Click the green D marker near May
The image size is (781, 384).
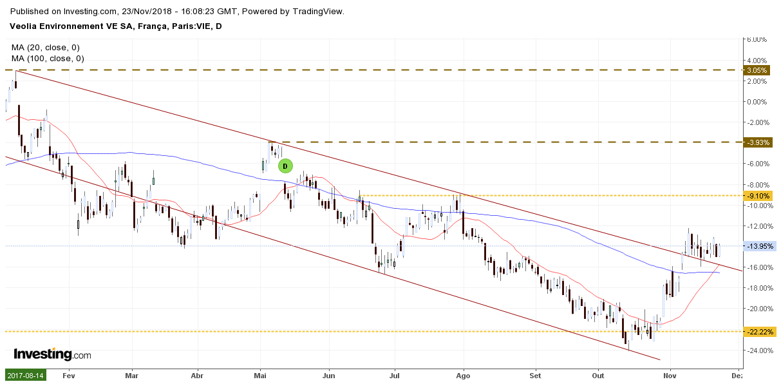click(285, 166)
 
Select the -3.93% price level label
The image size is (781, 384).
click(759, 142)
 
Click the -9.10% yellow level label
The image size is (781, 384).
click(759, 196)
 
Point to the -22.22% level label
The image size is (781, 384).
click(759, 332)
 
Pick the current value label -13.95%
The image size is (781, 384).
click(760, 246)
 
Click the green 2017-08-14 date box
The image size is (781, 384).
click(26, 375)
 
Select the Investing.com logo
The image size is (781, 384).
click(52, 354)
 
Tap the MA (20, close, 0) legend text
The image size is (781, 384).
click(45, 48)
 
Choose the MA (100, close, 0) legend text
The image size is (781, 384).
click(48, 59)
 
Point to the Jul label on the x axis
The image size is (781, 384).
click(395, 374)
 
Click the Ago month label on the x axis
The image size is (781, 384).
click(464, 374)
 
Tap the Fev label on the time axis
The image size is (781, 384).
click(70, 374)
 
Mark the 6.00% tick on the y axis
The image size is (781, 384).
click(757, 39)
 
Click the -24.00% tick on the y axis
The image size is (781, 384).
click(757, 350)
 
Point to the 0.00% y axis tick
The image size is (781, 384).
click(757, 102)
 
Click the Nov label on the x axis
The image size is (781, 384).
click(670, 374)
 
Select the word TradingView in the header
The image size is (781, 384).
click(319, 12)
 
